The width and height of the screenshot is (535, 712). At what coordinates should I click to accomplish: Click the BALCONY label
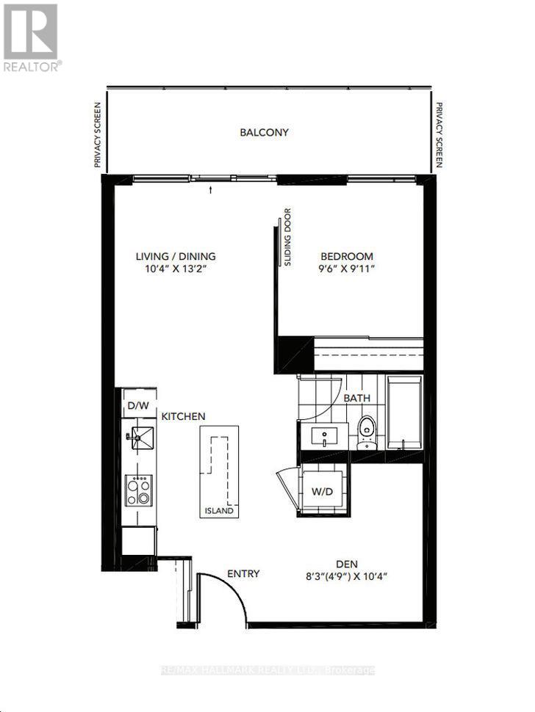pos(264,133)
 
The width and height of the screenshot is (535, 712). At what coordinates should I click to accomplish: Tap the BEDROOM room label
pos(346,256)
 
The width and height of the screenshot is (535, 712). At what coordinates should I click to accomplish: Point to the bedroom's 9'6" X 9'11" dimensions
pos(346,269)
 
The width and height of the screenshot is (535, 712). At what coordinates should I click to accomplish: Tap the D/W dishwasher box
pos(137,406)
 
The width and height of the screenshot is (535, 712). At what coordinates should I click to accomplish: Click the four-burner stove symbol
pos(138,490)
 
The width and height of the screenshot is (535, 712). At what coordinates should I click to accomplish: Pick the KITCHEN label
pos(183,416)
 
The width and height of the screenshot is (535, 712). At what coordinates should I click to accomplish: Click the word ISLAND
pos(220,511)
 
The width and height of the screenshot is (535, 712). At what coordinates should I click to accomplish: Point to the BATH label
pos(357,398)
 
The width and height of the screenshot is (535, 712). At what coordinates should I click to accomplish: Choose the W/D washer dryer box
pos(324,491)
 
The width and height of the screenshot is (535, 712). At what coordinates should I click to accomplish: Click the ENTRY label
pos(243,573)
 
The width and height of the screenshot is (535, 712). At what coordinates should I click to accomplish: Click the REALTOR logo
pos(32,37)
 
